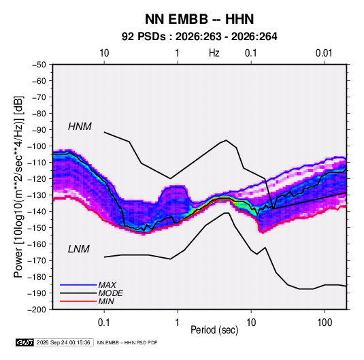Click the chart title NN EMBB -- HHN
click(x=199, y=19)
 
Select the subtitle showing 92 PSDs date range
click(x=199, y=37)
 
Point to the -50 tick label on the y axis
click(x=39, y=65)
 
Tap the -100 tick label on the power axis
click(x=37, y=146)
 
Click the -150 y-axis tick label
click(x=37, y=228)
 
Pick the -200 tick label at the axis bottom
click(x=37, y=310)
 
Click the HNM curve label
click(x=80, y=127)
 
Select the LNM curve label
click(x=79, y=249)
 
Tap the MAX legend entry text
click(x=107, y=285)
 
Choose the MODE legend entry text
click(x=110, y=293)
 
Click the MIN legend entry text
click(x=106, y=301)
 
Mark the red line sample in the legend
click(x=78, y=301)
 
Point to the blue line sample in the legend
click(x=78, y=285)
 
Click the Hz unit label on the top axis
click(x=214, y=53)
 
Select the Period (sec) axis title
click(x=214, y=330)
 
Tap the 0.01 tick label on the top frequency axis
click(x=324, y=53)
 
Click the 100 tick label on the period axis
click(x=325, y=323)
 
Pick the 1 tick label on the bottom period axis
click(x=178, y=323)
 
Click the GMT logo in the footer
click(x=24, y=342)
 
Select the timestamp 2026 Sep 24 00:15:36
click(x=63, y=342)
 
